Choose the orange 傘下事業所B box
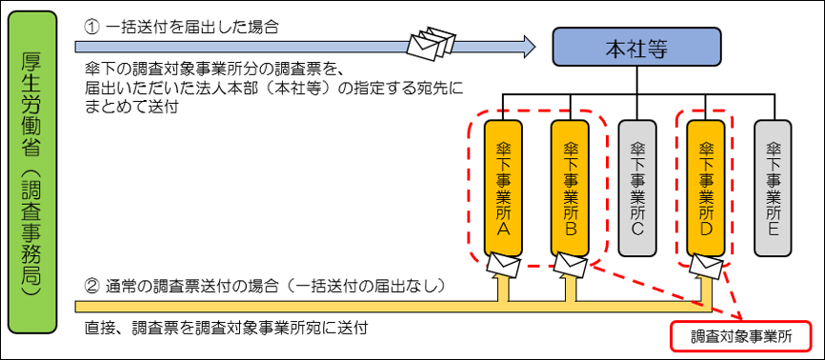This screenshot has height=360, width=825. point(571,187)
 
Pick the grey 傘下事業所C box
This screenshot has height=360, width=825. point(637,187)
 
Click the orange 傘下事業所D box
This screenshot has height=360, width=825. point(706,187)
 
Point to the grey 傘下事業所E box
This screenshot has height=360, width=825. point(773,187)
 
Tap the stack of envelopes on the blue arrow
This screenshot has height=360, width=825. point(429,44)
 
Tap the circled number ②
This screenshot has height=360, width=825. point(92,285)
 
